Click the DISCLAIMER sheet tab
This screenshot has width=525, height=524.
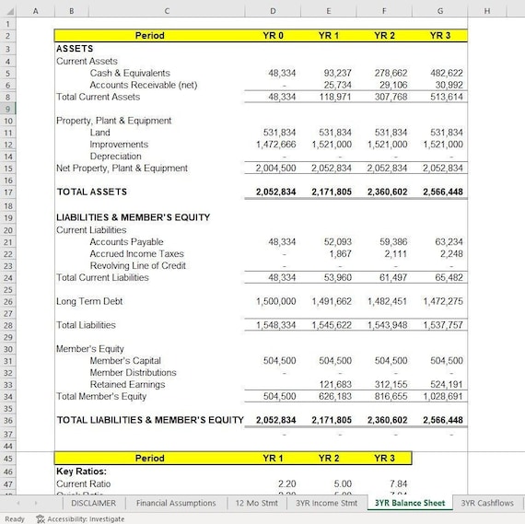pyautogui.click(x=93, y=503)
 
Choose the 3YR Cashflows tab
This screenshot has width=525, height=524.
pyautogui.click(x=487, y=503)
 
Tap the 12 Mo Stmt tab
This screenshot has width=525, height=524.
pyautogui.click(x=257, y=503)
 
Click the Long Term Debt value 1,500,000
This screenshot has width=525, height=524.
pyautogui.click(x=275, y=301)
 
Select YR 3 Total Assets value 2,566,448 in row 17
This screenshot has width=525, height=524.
pyautogui.click(x=443, y=192)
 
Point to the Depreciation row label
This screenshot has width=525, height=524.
pyautogui.click(x=115, y=157)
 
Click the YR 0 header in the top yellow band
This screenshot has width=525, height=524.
pyautogui.click(x=273, y=35)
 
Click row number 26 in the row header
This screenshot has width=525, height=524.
pyautogui.click(x=7, y=301)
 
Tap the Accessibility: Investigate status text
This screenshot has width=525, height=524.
pyautogui.click(x=79, y=518)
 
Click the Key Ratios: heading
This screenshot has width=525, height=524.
pyautogui.click(x=81, y=471)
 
